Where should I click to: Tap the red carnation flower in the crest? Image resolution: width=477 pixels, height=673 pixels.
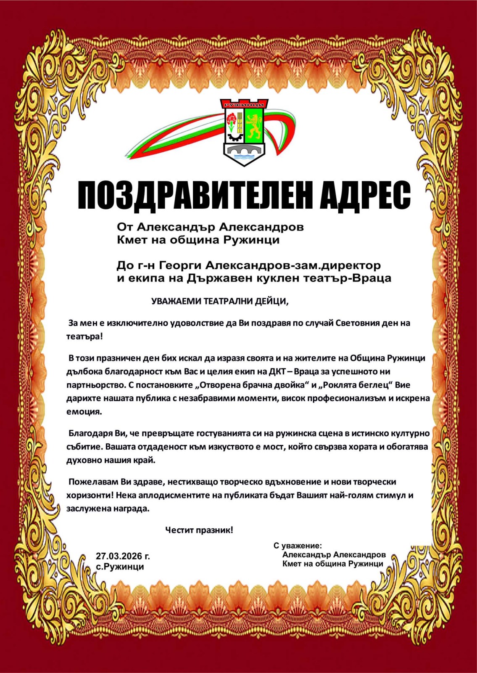231,119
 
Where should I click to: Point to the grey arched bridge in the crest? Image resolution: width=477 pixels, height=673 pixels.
244,150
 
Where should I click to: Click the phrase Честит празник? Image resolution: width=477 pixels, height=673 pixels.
199,530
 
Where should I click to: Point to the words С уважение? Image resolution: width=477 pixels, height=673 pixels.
298,546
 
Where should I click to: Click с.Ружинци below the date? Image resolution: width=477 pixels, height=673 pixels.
120,567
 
